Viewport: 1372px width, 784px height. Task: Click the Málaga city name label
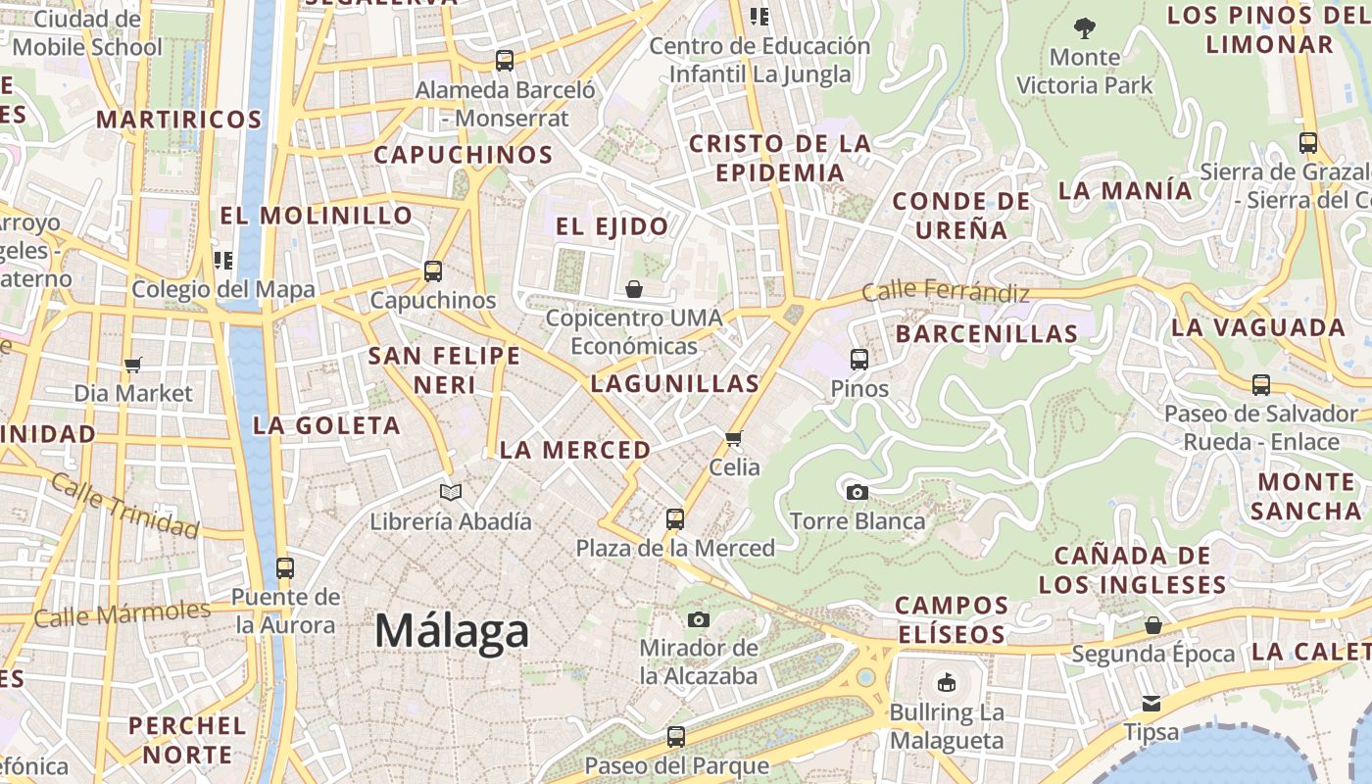click(452, 632)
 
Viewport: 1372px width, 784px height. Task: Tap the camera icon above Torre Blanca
click(857, 492)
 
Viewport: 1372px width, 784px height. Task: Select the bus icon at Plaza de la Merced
click(675, 518)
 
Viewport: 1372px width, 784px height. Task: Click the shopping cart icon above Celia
click(734, 438)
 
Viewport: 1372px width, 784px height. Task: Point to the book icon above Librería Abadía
click(451, 492)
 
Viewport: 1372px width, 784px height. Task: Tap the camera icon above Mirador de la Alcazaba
click(699, 619)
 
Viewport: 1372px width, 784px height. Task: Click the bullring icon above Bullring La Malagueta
click(947, 683)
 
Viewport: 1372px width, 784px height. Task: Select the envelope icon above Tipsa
click(1151, 703)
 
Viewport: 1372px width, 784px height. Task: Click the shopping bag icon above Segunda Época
click(1153, 625)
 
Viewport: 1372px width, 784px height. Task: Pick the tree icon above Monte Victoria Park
click(1085, 27)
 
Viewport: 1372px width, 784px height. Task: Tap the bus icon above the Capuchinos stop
click(433, 271)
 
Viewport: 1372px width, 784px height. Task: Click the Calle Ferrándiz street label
click(946, 292)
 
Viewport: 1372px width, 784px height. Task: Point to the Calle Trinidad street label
click(124, 505)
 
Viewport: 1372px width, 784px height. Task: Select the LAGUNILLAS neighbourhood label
click(675, 383)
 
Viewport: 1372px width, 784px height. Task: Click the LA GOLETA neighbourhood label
click(326, 425)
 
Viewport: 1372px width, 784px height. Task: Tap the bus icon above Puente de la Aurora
click(285, 567)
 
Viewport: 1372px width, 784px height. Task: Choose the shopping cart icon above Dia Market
click(133, 365)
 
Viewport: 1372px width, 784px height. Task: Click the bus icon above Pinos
click(859, 360)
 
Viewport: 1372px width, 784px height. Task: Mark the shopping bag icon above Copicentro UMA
click(634, 289)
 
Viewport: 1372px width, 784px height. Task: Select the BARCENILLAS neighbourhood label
click(987, 333)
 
